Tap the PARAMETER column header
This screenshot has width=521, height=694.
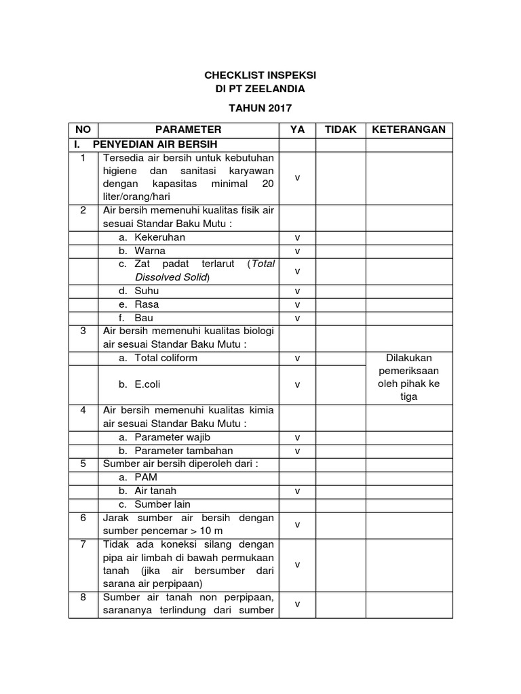click(x=188, y=129)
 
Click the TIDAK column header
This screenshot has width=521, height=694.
click(x=341, y=129)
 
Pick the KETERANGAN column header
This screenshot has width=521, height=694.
click(x=409, y=129)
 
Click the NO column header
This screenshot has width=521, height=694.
click(x=83, y=129)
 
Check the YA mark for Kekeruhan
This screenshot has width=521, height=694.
click(x=297, y=238)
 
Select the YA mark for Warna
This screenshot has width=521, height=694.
click(x=297, y=251)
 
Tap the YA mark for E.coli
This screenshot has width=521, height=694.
click(x=297, y=384)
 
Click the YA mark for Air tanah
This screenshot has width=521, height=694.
click(x=297, y=491)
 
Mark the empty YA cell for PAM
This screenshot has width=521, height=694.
click(x=297, y=477)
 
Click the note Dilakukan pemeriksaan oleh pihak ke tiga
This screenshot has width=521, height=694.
click(x=409, y=377)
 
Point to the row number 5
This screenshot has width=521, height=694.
click(x=83, y=464)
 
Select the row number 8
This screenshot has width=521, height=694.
click(x=83, y=597)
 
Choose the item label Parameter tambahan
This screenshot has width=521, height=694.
click(x=183, y=451)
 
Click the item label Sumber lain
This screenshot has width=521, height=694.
click(x=162, y=504)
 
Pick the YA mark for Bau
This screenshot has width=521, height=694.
click(x=297, y=318)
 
